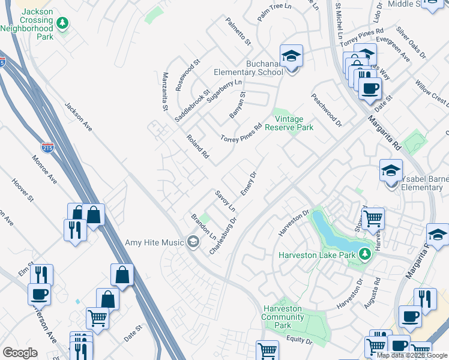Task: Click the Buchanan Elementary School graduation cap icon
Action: point(292,57)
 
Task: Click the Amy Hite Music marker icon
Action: point(193,242)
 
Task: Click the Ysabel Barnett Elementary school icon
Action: point(391,171)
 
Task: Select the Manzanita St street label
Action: point(164,92)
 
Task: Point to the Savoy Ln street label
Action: point(224,200)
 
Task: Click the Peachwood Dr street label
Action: point(326,110)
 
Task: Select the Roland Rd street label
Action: point(197,146)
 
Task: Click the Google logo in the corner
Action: point(20,353)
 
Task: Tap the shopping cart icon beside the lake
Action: point(373,218)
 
